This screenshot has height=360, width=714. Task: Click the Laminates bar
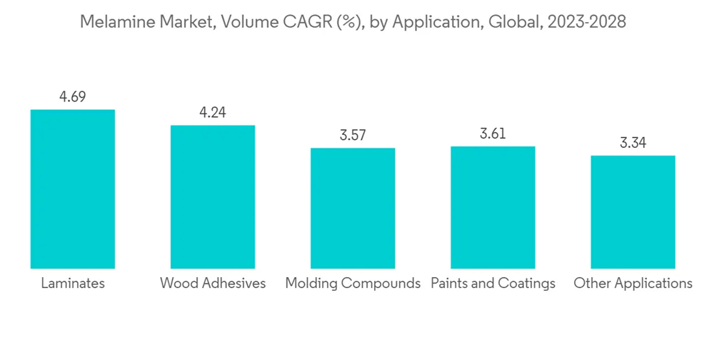pyautogui.click(x=72, y=189)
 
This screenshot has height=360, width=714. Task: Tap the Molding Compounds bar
pyautogui.click(x=352, y=209)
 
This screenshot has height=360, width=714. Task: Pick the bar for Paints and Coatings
pyautogui.click(x=493, y=208)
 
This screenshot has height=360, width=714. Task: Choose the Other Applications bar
pyautogui.click(x=633, y=212)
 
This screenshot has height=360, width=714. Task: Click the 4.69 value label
pyautogui.click(x=72, y=97)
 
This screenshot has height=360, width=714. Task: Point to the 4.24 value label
pyautogui.click(x=212, y=112)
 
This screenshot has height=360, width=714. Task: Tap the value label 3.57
pyautogui.click(x=352, y=135)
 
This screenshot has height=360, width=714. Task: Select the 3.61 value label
pyautogui.click(x=493, y=134)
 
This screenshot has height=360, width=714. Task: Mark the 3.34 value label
pyautogui.click(x=633, y=143)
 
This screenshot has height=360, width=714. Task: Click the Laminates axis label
pyautogui.click(x=73, y=284)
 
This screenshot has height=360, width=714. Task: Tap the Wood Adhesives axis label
pyautogui.click(x=213, y=284)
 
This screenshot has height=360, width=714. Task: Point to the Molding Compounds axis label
pyautogui.click(x=353, y=284)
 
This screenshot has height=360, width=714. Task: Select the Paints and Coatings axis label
pyautogui.click(x=493, y=284)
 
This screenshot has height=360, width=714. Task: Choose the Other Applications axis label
pyautogui.click(x=633, y=284)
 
